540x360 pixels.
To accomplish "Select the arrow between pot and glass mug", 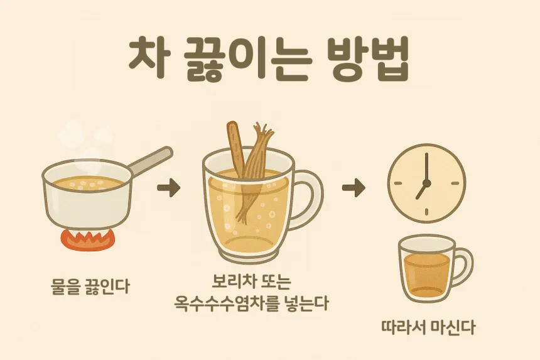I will [168, 188].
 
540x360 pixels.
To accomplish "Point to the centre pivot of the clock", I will [426, 183].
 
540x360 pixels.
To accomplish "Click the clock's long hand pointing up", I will [426, 166].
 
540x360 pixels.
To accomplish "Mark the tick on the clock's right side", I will [455, 183].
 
